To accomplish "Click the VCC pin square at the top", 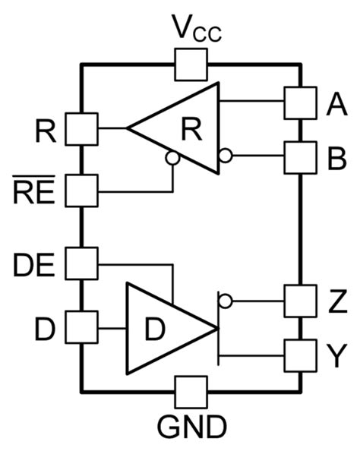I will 191,65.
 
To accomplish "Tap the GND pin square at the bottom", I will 191,392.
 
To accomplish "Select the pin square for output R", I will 81,128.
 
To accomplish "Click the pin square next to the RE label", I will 81,189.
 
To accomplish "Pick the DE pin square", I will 81,263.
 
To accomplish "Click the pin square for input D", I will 81,327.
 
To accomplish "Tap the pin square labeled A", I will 299,103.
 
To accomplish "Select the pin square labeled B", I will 299,157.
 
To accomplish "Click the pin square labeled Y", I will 299,352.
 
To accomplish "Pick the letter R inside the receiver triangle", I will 192,130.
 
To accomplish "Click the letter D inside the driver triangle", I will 155,330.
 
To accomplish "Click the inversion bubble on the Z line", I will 225,301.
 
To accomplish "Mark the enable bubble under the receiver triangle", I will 173,159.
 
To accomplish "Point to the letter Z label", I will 336,301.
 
